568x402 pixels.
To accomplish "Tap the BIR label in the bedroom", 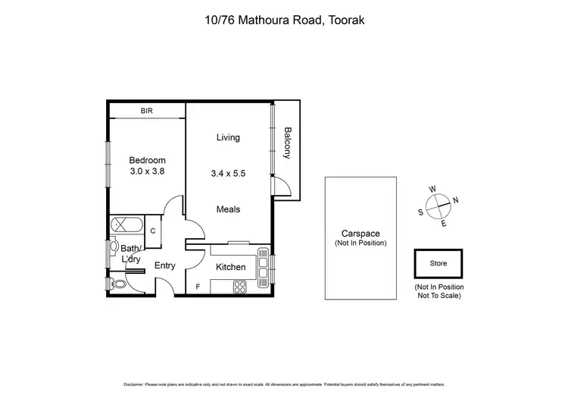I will point(147,111).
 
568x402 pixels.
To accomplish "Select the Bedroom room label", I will point(147,160).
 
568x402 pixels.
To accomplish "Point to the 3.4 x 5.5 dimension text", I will point(228,173).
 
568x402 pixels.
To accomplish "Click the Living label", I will point(228,137).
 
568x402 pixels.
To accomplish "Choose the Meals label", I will point(228,209).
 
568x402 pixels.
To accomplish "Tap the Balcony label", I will point(287,143).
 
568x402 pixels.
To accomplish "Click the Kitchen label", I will point(231,267).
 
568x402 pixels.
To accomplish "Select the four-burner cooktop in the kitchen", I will point(239,287).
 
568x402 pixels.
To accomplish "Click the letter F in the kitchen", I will point(198,287).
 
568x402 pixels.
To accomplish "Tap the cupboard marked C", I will point(152,231).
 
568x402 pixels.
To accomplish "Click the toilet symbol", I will point(117,284).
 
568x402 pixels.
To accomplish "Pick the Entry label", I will point(165,265).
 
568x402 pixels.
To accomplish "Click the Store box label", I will point(438,264).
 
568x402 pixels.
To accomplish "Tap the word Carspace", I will point(360,234).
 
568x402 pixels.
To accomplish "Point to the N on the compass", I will point(455,200).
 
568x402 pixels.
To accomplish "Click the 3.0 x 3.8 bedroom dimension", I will point(147,171).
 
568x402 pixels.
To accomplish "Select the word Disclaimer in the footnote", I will point(137,385).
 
